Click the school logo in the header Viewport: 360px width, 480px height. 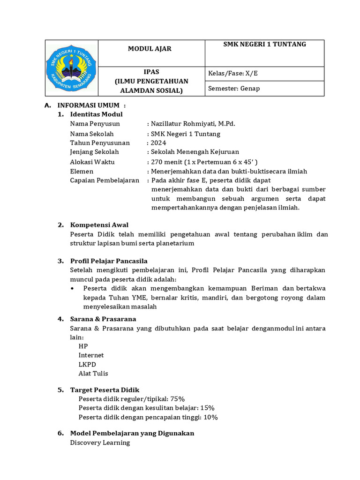(x=71, y=68)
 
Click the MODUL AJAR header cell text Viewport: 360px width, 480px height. (x=150, y=49)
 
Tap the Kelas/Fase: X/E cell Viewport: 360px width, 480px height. (x=233, y=74)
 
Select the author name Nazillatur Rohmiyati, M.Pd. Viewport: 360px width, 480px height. (x=193, y=124)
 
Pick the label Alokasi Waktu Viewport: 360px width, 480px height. (x=92, y=162)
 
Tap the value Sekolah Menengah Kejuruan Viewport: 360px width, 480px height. (x=195, y=152)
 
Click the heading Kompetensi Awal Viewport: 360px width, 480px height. (x=99, y=225)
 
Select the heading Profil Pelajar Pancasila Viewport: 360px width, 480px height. (x=109, y=261)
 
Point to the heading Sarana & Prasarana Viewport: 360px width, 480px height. (x=103, y=319)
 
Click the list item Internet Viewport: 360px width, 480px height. (x=91, y=355)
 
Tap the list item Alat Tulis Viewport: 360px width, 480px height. (x=93, y=374)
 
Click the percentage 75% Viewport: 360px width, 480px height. (x=178, y=399)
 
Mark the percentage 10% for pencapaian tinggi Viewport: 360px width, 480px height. (x=210, y=417)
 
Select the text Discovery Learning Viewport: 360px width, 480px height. (x=100, y=442)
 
